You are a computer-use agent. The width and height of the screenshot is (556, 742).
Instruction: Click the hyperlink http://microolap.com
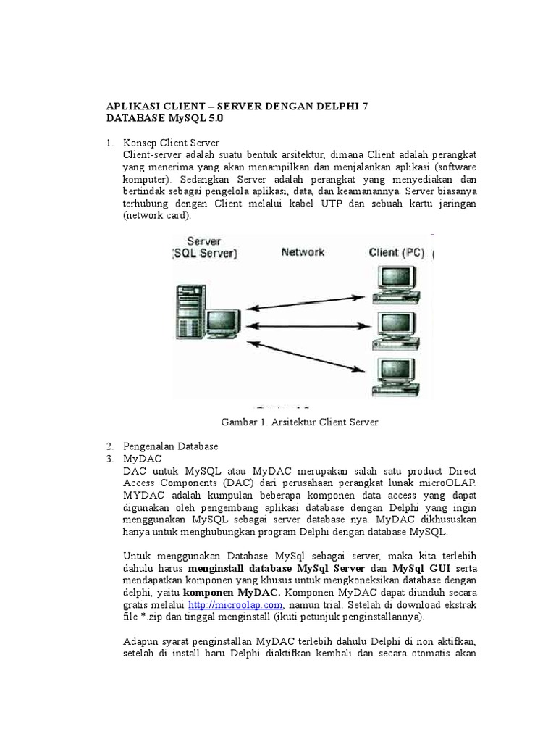pyautogui.click(x=235, y=604)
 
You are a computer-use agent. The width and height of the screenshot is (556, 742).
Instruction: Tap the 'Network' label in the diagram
pyautogui.click(x=303, y=252)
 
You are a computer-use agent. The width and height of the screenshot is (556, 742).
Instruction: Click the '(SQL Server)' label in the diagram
pyautogui.click(x=204, y=254)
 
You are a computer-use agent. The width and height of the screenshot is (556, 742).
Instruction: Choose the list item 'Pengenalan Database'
pyautogui.click(x=171, y=445)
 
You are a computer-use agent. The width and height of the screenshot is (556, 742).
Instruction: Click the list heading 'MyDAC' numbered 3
pyautogui.click(x=143, y=458)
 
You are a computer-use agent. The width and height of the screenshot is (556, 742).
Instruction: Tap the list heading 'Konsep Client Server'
pyautogui.click(x=172, y=142)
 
